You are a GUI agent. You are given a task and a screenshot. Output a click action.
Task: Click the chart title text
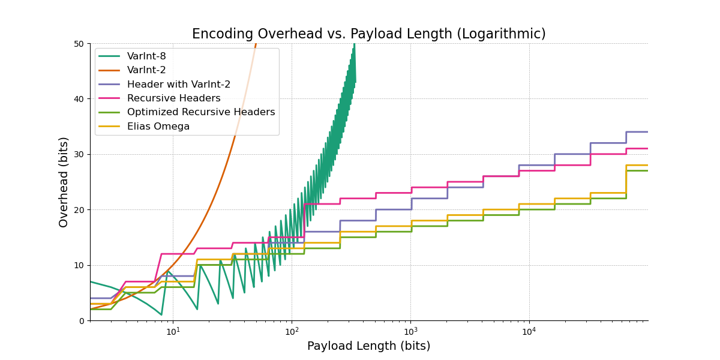[368, 34]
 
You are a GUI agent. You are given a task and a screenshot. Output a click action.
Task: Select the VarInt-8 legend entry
[146, 56]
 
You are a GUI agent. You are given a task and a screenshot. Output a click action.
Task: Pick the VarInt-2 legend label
[146, 70]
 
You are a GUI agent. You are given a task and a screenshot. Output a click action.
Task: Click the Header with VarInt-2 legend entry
[178, 85]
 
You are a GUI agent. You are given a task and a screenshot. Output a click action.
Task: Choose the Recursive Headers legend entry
[173, 98]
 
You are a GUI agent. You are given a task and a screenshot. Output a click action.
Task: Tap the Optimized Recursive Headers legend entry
[200, 112]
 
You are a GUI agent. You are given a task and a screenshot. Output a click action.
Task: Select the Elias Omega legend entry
[158, 127]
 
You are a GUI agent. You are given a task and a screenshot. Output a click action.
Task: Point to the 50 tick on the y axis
[79, 44]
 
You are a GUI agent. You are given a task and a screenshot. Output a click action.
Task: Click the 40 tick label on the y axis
[79, 99]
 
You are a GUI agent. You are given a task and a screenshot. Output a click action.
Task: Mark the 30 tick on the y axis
[79, 154]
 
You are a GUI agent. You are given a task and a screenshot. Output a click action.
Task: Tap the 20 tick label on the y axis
[79, 210]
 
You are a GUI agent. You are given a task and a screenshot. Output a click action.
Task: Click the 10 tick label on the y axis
[79, 265]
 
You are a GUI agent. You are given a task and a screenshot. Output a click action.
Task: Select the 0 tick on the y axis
[81, 321]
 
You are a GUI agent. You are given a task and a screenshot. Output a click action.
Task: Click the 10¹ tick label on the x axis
[173, 330]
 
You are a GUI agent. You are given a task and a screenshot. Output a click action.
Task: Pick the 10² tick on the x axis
[292, 330]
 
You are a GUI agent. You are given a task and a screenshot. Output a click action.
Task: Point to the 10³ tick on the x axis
[410, 330]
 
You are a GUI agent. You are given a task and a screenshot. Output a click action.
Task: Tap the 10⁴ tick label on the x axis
[529, 330]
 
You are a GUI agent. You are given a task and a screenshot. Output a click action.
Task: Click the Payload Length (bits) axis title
[368, 346]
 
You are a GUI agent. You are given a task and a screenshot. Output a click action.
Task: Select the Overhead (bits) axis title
[64, 182]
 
